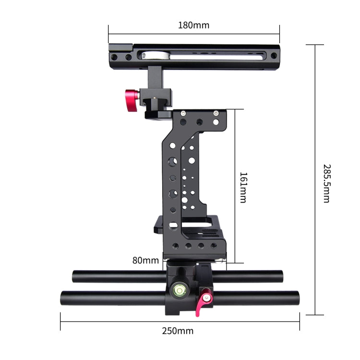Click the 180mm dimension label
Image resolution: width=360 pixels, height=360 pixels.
[193, 25]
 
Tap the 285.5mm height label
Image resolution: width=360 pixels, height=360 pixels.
[326, 183]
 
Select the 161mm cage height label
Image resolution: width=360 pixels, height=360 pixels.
[243, 187]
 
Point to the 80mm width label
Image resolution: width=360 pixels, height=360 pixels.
[145, 261]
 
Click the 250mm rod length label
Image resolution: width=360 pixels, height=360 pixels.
[178, 331]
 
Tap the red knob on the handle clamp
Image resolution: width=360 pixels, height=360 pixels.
[132, 95]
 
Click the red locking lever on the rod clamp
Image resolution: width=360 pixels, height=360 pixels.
[205, 300]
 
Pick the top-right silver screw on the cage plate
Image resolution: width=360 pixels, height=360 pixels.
[216, 113]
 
